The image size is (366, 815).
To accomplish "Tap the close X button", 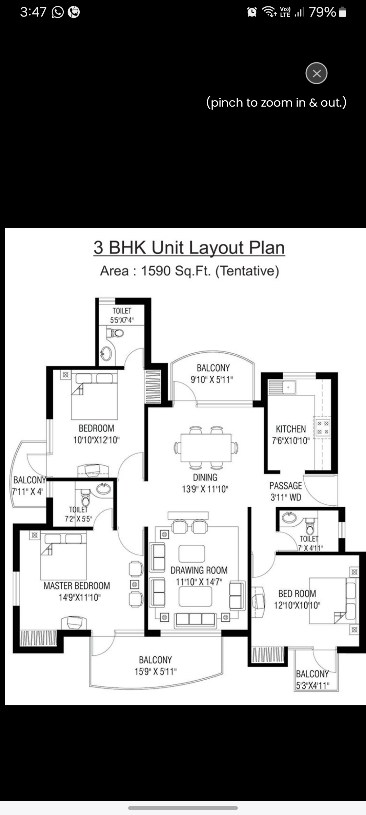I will (316, 73).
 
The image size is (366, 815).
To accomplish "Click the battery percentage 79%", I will (322, 13).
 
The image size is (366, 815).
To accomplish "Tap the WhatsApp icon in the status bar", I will (58, 13).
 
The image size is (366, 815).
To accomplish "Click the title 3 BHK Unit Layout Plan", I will (189, 247).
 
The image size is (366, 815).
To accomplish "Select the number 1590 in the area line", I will (156, 271).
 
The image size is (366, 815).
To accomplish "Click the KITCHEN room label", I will (291, 429).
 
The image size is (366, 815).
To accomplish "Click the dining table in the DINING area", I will (206, 447).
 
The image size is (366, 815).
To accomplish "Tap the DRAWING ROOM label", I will (199, 570).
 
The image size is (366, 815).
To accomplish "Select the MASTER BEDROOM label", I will (77, 586).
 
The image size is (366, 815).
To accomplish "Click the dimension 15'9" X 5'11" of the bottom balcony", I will (156, 671).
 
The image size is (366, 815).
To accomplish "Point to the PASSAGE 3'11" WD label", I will (286, 491).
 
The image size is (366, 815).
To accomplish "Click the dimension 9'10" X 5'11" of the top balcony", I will (212, 379).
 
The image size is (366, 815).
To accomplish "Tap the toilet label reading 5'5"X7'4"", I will (122, 320).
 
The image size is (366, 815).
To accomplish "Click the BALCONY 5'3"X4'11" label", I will (312, 679).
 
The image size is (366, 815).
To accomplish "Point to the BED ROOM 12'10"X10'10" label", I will (297, 599).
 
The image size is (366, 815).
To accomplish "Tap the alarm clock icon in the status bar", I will (252, 13).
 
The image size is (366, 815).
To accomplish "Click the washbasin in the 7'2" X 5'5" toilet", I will (103, 489).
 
